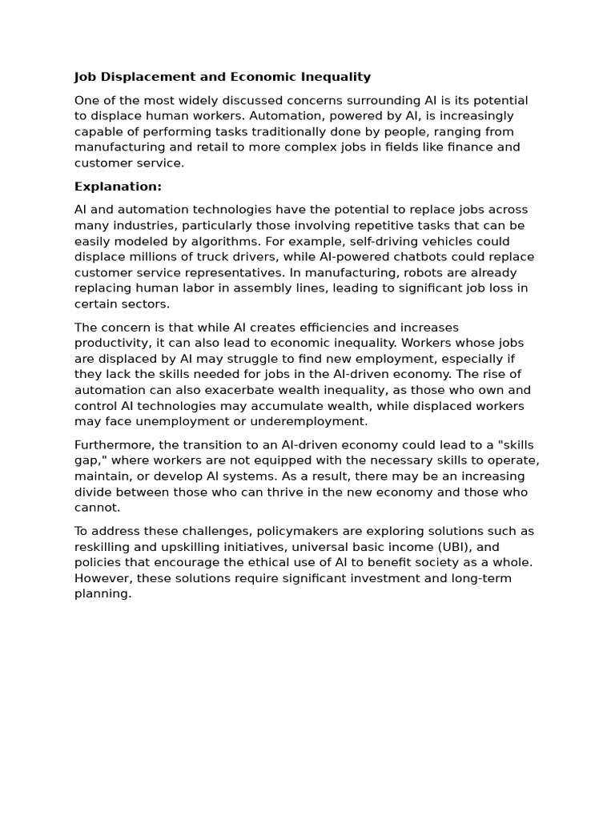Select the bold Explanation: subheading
[x=118, y=187]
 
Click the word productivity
[x=110, y=343]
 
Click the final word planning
[x=102, y=593]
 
